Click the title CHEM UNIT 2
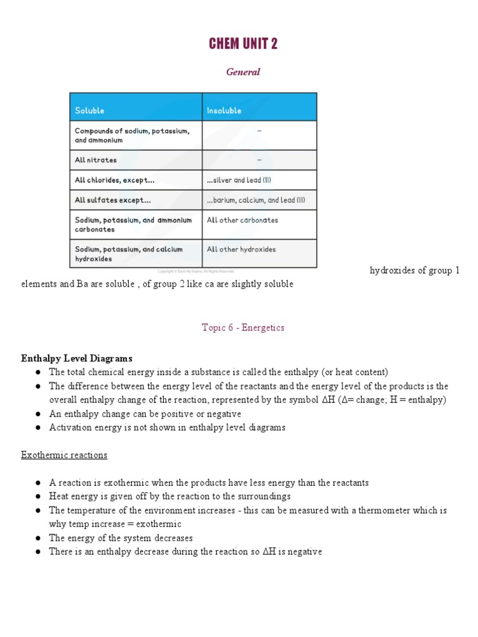(x=243, y=44)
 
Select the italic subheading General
(x=243, y=72)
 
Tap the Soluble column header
(x=90, y=111)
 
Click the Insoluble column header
(x=224, y=111)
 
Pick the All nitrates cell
(x=96, y=160)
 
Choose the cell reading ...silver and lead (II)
(x=239, y=180)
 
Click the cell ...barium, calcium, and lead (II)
(x=256, y=200)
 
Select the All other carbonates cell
(x=242, y=220)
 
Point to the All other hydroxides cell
(x=241, y=249)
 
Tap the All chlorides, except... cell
(x=115, y=180)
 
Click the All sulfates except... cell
(x=113, y=200)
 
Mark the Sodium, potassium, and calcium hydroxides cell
(x=129, y=254)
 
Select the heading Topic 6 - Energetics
(x=243, y=327)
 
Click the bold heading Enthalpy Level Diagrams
(x=77, y=358)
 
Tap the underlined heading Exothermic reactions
(x=64, y=455)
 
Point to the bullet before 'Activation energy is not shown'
(x=39, y=428)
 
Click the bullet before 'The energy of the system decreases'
(x=39, y=538)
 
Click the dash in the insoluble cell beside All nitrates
(x=259, y=160)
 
